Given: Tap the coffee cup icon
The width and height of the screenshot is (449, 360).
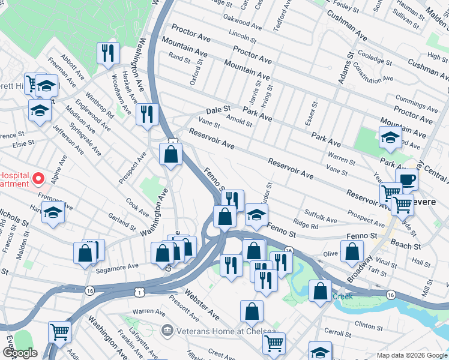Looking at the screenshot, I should (406, 179).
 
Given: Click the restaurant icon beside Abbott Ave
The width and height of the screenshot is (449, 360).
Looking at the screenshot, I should (108, 53).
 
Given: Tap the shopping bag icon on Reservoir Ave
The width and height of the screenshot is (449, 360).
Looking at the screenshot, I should (171, 154).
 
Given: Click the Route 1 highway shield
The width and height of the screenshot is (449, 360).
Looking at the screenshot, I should (139, 292).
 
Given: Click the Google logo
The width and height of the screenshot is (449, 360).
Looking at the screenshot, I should (19, 353).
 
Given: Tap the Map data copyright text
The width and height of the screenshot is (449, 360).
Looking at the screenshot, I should (412, 355).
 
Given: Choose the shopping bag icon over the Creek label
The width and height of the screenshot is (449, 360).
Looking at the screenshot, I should (320, 292).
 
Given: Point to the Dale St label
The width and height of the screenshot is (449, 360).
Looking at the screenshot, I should (218, 110).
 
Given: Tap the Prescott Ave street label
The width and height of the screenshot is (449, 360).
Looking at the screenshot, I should (184, 307).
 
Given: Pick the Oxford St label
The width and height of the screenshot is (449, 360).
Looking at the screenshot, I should (193, 76).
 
